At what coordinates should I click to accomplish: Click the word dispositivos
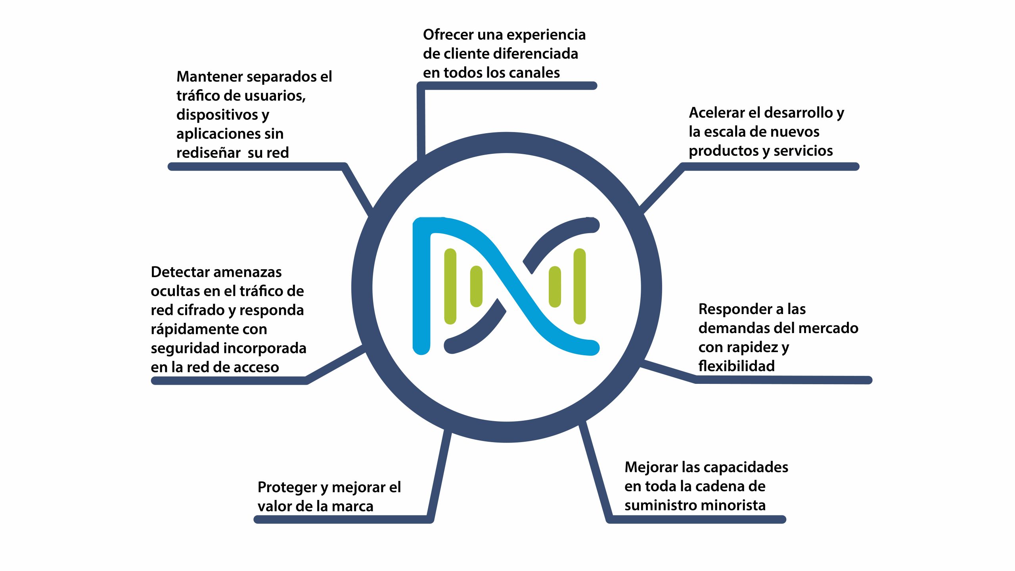coord(217,115)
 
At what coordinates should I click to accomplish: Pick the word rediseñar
coord(209,153)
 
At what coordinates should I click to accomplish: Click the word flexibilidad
coord(737,366)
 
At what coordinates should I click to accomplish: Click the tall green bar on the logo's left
coord(450,286)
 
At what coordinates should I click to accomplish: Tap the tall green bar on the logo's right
coord(580,286)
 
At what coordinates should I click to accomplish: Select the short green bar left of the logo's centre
coord(476,286)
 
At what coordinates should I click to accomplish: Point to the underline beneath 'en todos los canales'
coord(507,86)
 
